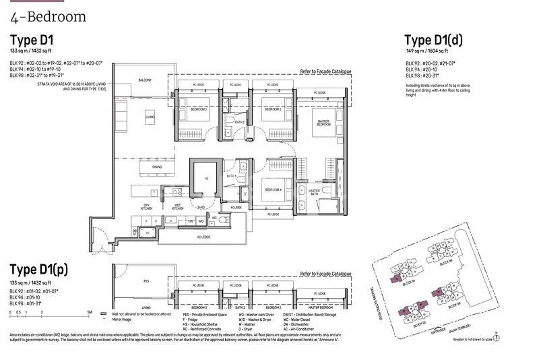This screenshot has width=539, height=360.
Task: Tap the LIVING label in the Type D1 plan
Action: pos(150,116)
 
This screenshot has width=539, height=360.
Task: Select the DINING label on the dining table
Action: pos(156,167)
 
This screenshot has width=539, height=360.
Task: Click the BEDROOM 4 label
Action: pos(273,189)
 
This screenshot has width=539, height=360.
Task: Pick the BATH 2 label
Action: pos(230,122)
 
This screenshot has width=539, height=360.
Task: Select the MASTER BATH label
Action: pos(314,192)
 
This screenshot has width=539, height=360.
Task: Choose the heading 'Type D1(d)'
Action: pos(433,39)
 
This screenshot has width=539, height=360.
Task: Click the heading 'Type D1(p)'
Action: pos(38,270)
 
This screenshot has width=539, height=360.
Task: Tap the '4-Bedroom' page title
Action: pos(48,16)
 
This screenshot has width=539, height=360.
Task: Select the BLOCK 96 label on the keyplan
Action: pos(445,263)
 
